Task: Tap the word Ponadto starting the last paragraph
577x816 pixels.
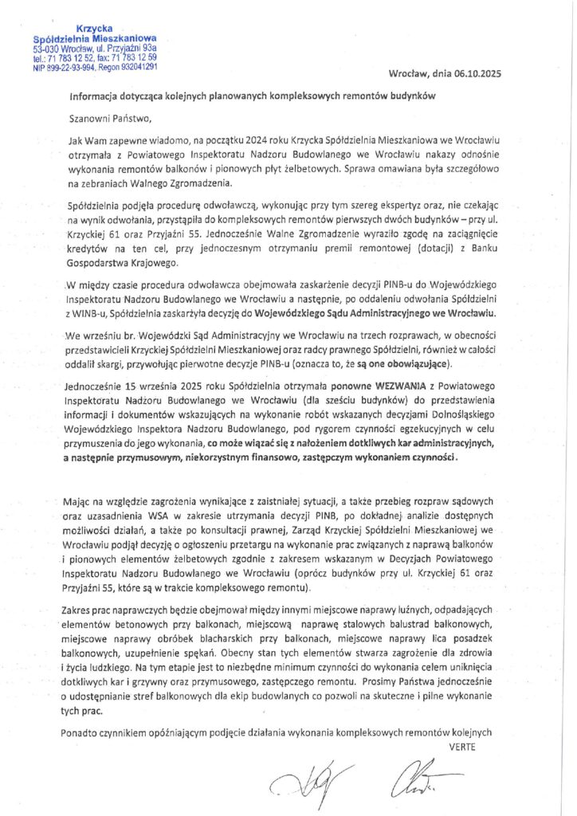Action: tap(79, 732)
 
